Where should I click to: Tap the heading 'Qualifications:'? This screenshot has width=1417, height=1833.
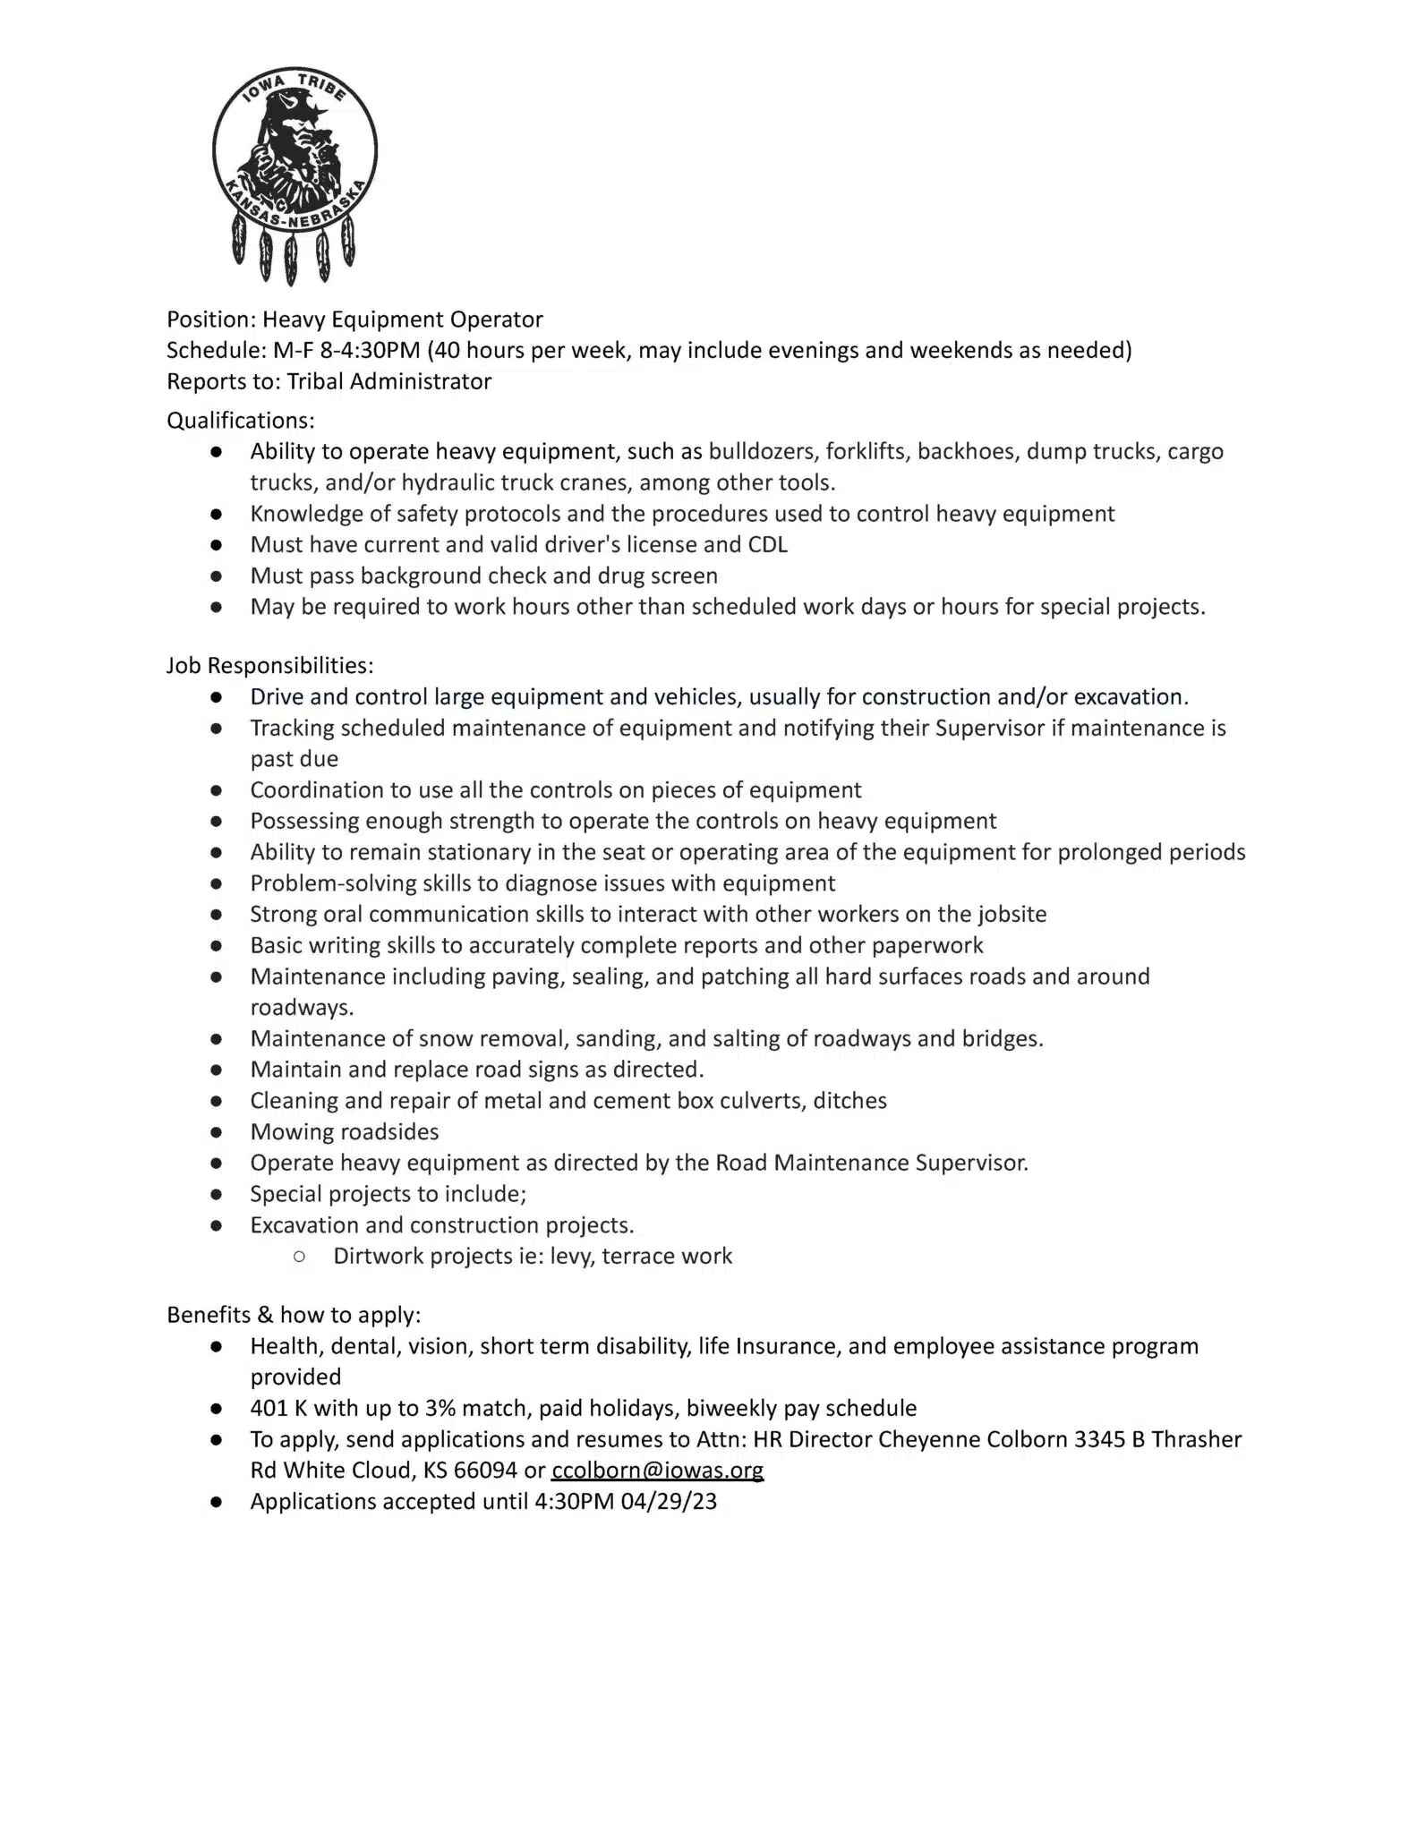pos(241,420)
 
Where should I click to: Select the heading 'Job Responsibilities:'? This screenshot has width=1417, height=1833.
pos(269,665)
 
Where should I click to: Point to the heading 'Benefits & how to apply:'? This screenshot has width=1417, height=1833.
pos(294,1315)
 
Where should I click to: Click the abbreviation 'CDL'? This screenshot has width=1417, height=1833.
pos(768,544)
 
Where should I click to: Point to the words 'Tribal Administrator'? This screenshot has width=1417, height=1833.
pos(389,381)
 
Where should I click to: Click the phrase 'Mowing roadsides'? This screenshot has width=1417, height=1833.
pos(345,1131)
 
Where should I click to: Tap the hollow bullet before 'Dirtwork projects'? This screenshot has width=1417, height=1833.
pos(299,1257)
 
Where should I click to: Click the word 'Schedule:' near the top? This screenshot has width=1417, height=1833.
pos(217,350)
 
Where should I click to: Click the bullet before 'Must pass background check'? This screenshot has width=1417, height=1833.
pos(217,575)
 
